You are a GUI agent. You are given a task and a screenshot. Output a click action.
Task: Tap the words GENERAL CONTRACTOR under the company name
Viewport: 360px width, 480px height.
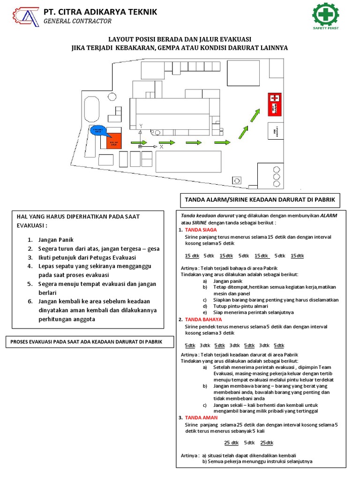coord(77,21)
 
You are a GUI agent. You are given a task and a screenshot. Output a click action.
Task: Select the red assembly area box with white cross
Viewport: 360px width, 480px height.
coord(275,104)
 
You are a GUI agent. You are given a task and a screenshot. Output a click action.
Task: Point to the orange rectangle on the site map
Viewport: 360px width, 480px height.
coord(113,141)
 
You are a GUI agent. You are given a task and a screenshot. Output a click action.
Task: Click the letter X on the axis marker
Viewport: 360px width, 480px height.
coord(161,147)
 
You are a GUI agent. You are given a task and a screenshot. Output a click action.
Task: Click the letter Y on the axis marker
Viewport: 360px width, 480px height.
coord(141,126)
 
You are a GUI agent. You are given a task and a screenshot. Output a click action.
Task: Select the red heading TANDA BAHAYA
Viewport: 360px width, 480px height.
coord(203,319)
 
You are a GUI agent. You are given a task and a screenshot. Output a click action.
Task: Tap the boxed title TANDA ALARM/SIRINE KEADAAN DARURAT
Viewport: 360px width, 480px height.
coord(260,200)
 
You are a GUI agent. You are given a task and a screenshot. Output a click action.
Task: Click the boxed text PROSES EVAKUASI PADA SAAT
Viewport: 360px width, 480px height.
coord(86,342)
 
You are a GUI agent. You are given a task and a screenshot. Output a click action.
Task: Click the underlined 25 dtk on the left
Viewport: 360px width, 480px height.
coord(231,443)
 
